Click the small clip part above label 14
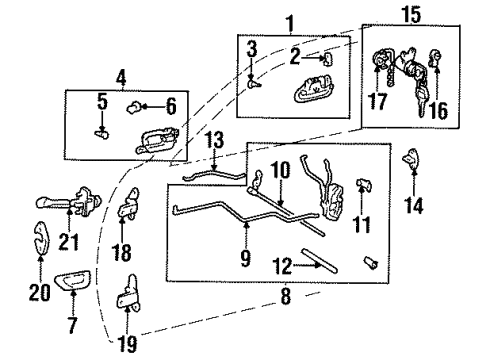(411, 160)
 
